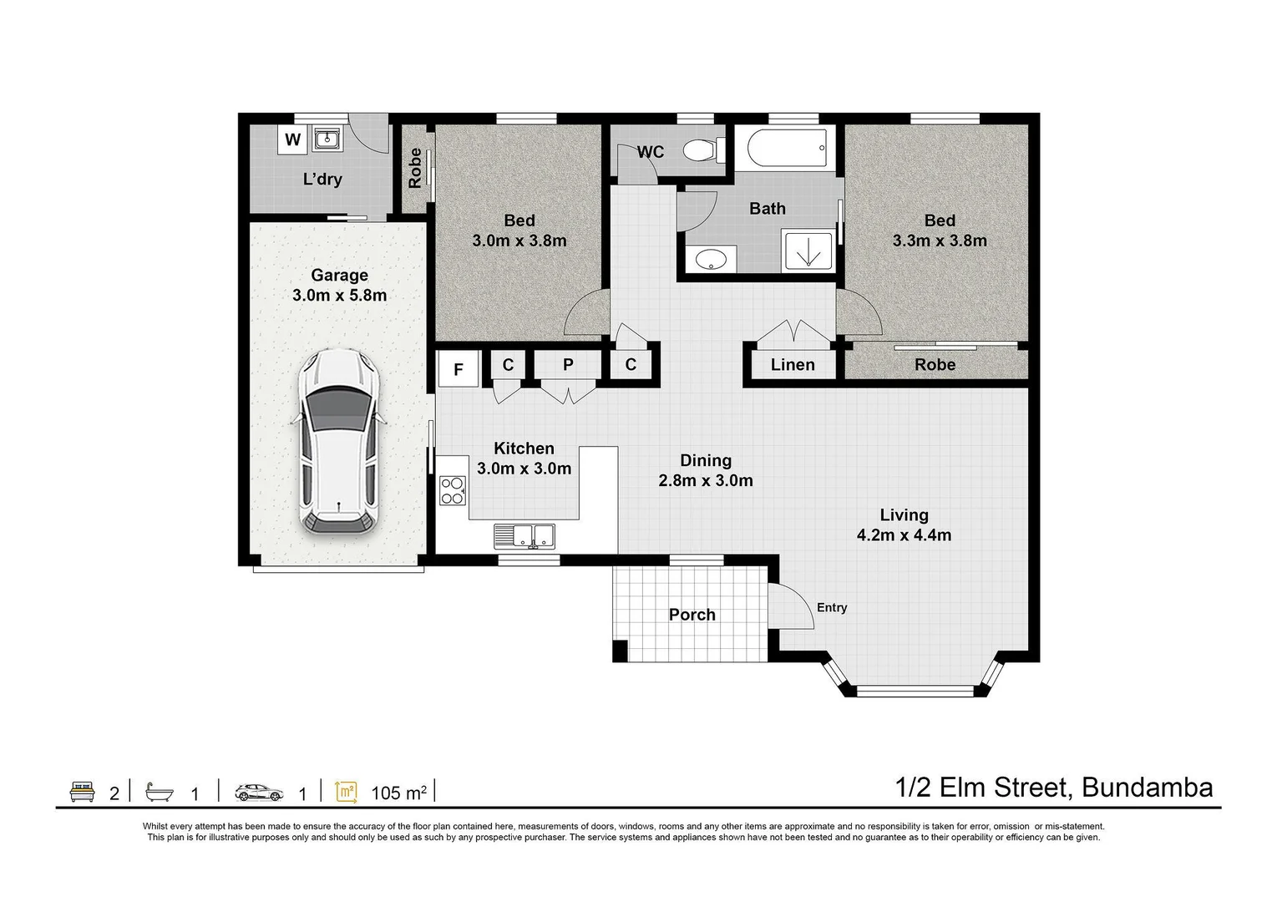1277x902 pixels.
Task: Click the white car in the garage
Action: coord(339,441)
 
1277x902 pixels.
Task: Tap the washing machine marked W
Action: coord(292,139)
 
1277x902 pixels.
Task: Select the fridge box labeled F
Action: coord(458,369)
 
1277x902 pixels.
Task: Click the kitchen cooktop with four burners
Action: coord(452,490)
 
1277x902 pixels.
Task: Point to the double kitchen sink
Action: coord(524,535)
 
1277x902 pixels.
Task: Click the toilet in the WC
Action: coord(700,150)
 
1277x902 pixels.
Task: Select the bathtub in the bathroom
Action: coord(787,148)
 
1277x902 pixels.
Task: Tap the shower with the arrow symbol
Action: coord(808,251)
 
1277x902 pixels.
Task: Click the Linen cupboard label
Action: coord(792,365)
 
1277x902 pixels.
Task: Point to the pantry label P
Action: coord(568,365)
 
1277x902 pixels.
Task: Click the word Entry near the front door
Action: coord(831,607)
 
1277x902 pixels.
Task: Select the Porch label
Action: coord(692,615)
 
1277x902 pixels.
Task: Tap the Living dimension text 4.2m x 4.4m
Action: coord(904,535)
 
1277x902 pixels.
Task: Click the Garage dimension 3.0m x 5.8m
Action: coord(339,296)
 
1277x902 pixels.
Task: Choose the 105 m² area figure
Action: coord(398,793)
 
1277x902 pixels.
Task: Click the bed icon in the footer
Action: coord(82,792)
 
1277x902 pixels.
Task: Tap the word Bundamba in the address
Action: coord(1147,788)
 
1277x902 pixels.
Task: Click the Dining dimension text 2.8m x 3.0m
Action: coord(706,481)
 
